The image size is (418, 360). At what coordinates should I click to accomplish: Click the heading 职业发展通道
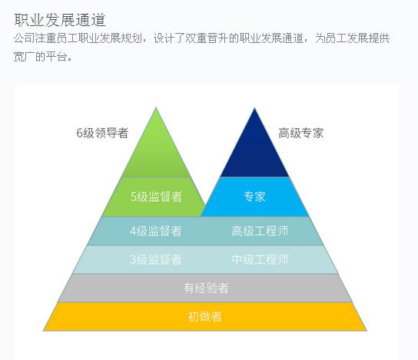[x=60, y=20]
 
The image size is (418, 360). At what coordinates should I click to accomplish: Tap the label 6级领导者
[x=102, y=133]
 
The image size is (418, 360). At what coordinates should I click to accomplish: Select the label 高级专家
[x=301, y=133]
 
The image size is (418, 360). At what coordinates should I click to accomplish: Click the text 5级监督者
[x=156, y=197]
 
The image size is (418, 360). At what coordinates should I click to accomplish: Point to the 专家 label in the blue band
[x=254, y=197]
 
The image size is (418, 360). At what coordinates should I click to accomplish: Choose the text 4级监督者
[x=156, y=231]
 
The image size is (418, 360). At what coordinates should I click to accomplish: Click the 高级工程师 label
[x=260, y=231]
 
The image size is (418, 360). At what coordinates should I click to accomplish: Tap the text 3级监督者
[x=156, y=259]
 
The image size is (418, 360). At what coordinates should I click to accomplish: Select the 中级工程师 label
[x=260, y=259]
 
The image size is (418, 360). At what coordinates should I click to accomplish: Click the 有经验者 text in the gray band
[x=206, y=288]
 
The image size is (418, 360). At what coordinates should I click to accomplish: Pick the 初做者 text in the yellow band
[x=204, y=316]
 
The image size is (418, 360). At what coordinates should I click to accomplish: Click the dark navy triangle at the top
[x=254, y=149]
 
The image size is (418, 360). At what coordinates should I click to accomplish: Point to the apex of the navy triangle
[x=254, y=107]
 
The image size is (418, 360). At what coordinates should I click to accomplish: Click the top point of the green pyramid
[x=156, y=107]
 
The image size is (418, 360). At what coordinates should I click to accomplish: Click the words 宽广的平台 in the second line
[x=40, y=57]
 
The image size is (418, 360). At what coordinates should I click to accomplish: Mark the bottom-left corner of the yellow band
[x=44, y=331]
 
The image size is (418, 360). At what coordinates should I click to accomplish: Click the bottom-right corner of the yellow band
[x=367, y=331]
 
